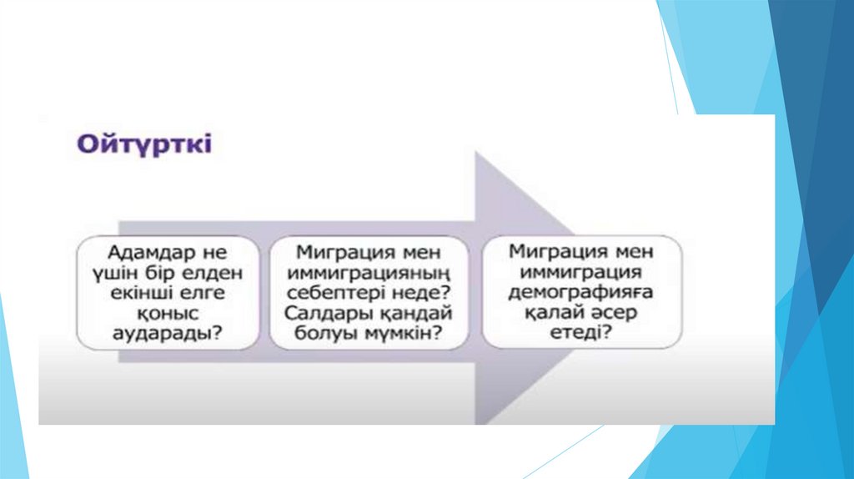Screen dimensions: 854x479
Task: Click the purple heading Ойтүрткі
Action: click(x=145, y=144)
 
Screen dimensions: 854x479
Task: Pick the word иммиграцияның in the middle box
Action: click(x=368, y=271)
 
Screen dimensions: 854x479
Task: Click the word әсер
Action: click(x=614, y=313)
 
